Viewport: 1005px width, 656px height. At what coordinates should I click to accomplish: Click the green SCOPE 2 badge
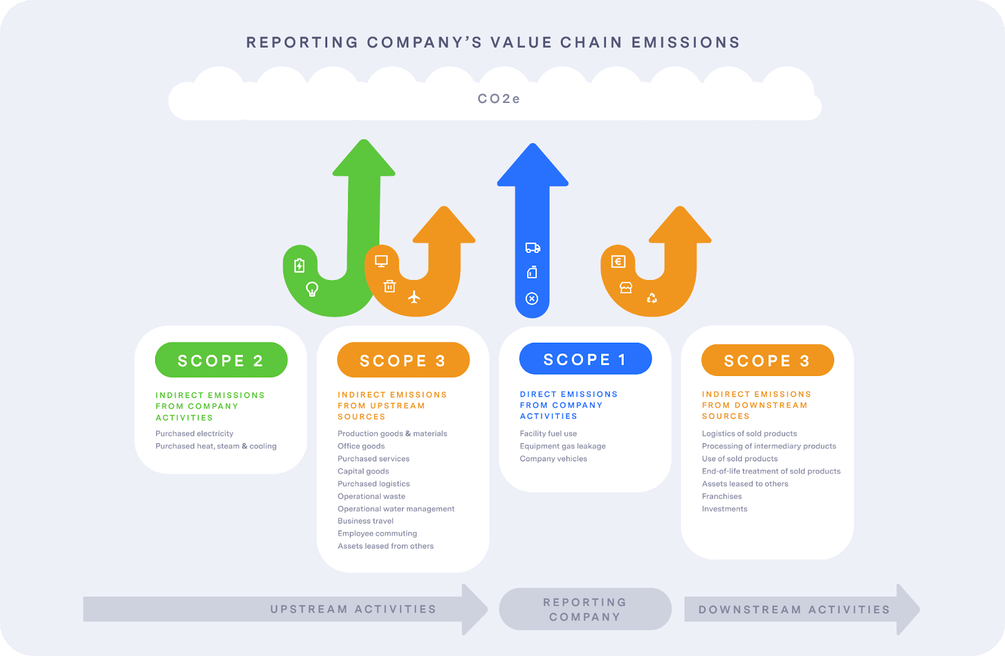pos(221,360)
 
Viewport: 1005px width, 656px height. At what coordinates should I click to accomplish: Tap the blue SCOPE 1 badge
pos(585,358)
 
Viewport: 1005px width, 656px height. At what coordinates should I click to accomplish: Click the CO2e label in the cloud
pos(499,99)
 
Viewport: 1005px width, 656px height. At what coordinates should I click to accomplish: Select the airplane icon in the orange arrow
pos(414,297)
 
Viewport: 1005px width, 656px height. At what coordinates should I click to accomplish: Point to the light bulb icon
pos(312,289)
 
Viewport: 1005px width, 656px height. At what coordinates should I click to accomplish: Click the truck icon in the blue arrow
pos(533,247)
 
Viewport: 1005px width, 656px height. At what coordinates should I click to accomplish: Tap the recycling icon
pos(652,298)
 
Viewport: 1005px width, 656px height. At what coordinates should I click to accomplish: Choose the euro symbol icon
pos(618,261)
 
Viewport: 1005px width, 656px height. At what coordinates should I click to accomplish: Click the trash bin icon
pos(389,286)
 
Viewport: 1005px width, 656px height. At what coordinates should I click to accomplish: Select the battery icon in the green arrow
pos(299,266)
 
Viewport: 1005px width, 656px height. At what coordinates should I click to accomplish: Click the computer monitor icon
pos(381,261)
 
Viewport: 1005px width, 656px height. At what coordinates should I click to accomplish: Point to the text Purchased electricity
pos(194,434)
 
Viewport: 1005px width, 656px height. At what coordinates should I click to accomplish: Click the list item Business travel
pos(366,521)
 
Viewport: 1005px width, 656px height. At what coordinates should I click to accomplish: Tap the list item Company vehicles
pos(553,459)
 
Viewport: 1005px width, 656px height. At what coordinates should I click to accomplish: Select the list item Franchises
pos(722,497)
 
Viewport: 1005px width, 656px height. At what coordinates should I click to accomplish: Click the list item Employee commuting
pos(378,534)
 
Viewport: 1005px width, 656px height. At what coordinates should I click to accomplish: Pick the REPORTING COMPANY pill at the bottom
pos(585,610)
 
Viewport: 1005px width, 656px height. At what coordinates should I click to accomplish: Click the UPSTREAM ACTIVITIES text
pos(353,609)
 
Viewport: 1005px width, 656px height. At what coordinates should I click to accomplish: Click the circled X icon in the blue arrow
pos(532,299)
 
